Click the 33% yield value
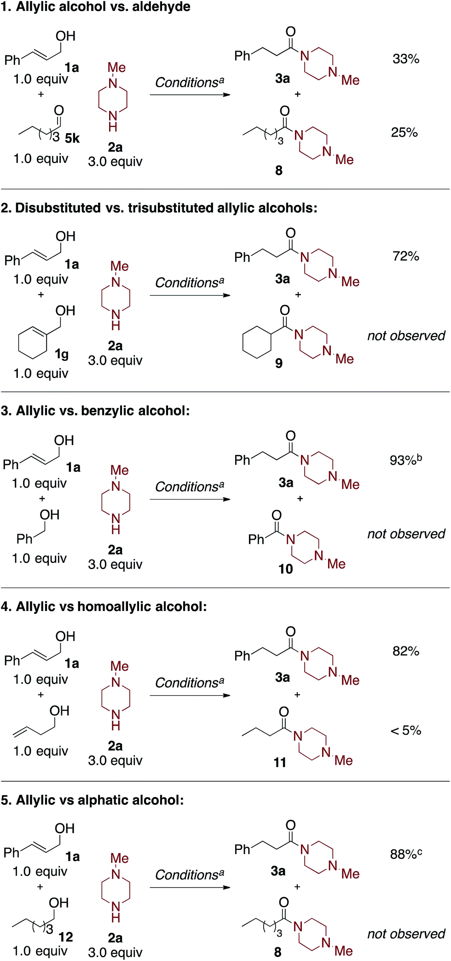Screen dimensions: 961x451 405,59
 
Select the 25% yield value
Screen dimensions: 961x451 404,133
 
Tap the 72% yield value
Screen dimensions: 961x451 405,256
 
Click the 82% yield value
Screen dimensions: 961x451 405,651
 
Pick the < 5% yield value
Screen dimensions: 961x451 405,730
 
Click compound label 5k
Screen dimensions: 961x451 72,138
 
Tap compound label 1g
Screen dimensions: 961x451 62,354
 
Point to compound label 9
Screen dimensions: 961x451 278,363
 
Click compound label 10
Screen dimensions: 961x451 285,569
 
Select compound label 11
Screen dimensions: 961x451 280,763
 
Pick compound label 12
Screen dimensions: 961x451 65,937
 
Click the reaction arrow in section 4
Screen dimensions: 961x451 190,695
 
